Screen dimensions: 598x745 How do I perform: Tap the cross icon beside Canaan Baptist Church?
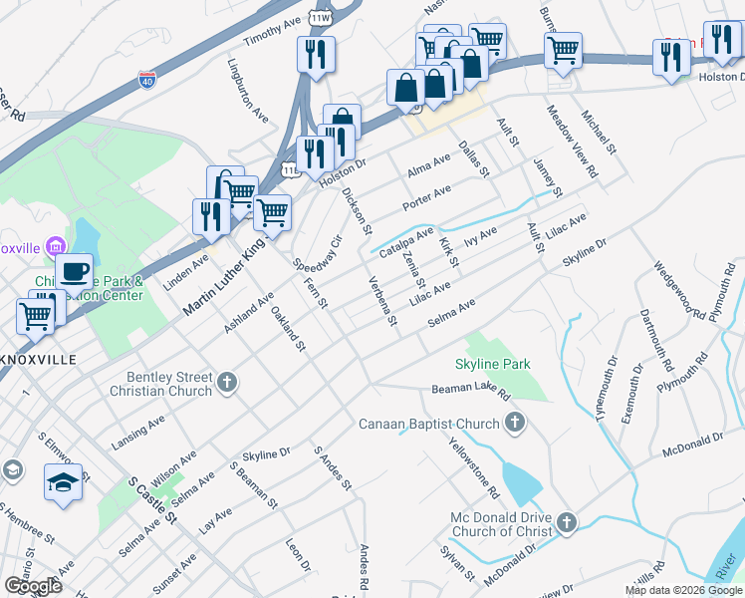pyautogui.click(x=515, y=424)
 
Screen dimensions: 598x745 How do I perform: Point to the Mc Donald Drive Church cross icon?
pyautogui.click(x=566, y=522)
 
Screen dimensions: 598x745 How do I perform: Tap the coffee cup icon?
pyautogui.click(x=74, y=271)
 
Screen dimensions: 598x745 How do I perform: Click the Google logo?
pyautogui.click(x=33, y=586)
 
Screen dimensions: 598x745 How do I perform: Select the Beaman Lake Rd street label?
pyautogui.click(x=470, y=390)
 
